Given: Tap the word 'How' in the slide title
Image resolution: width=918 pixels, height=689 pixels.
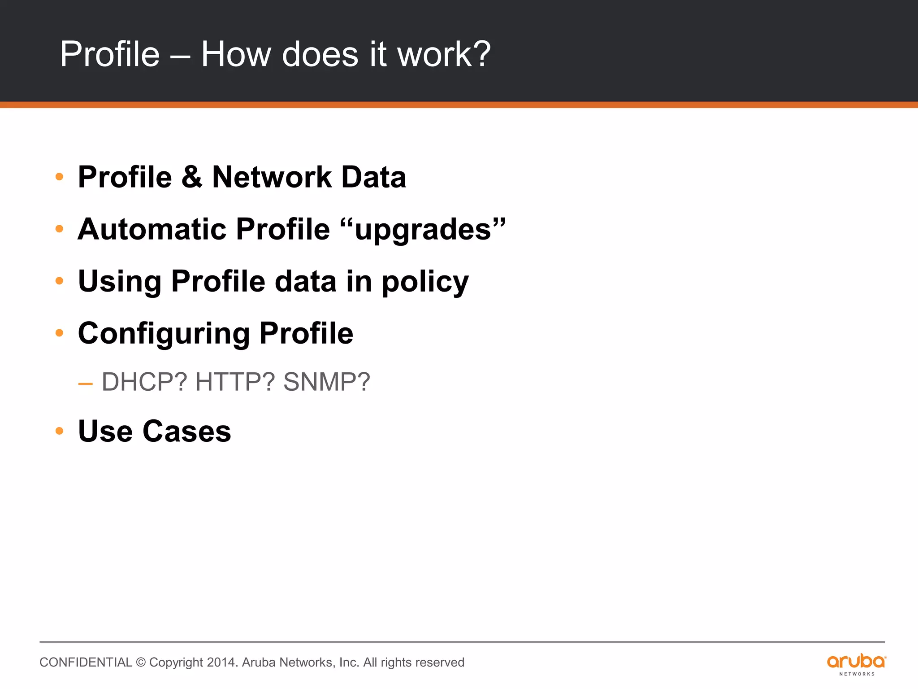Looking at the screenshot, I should tap(236, 54).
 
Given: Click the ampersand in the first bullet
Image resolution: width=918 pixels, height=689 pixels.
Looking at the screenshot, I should tap(192, 177).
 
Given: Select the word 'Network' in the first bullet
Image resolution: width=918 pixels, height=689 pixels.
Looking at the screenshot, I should tap(271, 177).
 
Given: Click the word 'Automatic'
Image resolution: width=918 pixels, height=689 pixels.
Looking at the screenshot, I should tap(152, 229).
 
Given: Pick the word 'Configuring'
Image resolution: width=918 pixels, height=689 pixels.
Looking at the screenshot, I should tap(163, 334).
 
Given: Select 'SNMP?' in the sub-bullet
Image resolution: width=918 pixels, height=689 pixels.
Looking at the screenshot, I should tap(327, 382).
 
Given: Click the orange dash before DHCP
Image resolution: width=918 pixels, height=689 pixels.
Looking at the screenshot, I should tap(85, 384).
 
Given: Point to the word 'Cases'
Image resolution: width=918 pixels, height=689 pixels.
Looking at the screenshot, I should tap(186, 431).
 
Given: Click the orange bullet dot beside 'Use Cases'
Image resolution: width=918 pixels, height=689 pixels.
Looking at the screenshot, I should tap(59, 431).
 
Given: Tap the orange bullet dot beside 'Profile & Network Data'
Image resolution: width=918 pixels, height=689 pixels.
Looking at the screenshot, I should tap(59, 177).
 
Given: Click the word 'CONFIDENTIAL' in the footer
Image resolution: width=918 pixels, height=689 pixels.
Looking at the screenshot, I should tap(86, 663).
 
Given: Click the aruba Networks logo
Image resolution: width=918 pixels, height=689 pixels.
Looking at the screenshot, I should tap(856, 664).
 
